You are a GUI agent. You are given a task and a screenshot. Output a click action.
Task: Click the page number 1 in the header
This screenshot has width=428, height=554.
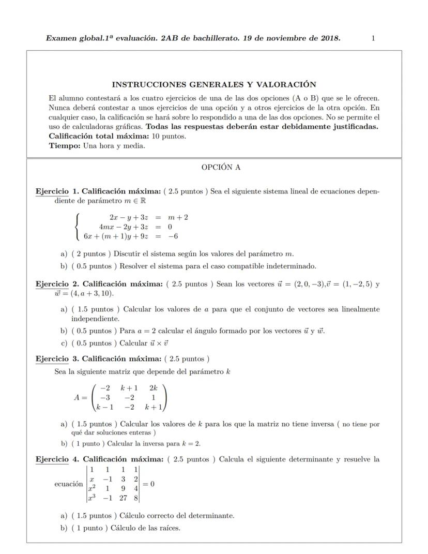[x=373, y=38]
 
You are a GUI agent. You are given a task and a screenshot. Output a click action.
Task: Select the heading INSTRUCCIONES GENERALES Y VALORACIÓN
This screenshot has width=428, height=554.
[x=214, y=84]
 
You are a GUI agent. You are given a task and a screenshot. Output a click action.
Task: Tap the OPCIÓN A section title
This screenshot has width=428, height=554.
[x=221, y=167]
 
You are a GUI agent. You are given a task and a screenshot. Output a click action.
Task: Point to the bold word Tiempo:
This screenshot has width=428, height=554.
[x=65, y=146]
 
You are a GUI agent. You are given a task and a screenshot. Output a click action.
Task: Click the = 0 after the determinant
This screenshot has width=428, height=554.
[x=148, y=484]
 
